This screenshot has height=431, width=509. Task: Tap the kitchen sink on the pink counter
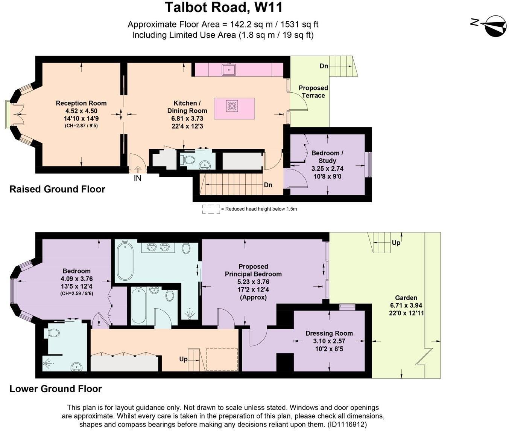tap(229, 70)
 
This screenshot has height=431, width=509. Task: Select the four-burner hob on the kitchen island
tap(232, 106)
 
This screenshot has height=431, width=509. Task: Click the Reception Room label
tap(81, 103)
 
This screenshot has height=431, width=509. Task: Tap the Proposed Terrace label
tap(313, 92)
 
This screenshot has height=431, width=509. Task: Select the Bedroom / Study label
tap(327, 157)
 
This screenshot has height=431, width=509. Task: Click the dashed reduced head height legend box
tap(211, 209)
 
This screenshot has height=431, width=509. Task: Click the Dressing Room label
tap(329, 333)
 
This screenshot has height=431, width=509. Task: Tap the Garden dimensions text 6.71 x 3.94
tap(406, 306)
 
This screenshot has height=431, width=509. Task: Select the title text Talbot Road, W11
tap(223, 8)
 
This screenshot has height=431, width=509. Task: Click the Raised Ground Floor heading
tap(57, 189)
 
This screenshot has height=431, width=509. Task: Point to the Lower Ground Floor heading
tap(56, 389)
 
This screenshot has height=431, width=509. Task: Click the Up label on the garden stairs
tap(396, 243)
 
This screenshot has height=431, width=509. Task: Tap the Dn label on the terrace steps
tap(324, 66)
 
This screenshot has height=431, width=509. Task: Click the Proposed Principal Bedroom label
tap(253, 270)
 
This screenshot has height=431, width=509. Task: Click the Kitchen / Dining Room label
tap(187, 107)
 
